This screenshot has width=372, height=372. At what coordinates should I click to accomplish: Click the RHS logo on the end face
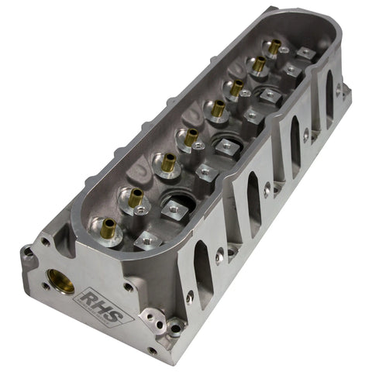pos(103,307)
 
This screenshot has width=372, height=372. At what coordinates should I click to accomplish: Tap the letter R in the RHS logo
pos(91,299)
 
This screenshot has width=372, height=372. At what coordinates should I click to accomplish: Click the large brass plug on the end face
pos(61,281)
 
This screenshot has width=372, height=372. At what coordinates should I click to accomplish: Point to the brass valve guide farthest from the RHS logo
pos(274,47)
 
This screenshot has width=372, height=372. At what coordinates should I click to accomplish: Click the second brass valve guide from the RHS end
pos(136,198)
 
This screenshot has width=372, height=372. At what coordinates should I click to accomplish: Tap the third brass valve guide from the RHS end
pos(169,163)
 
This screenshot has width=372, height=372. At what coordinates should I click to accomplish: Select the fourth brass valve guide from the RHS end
pos(191,137)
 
